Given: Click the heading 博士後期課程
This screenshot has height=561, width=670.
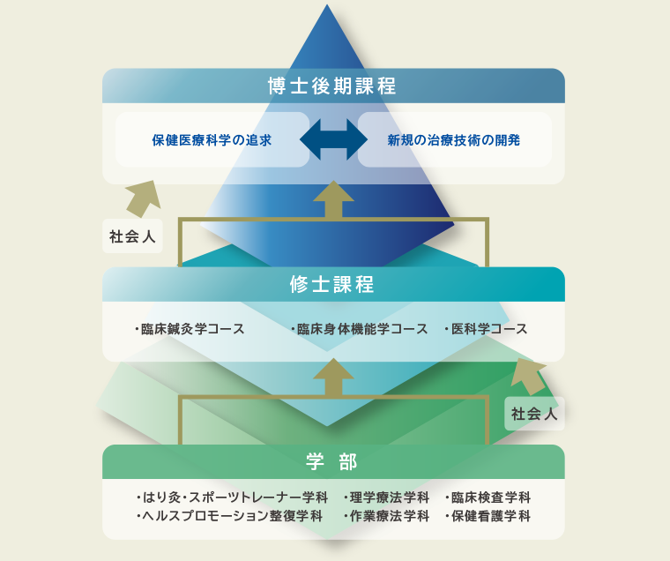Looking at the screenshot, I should click(x=332, y=86).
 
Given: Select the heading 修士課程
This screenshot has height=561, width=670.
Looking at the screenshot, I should click(x=332, y=284).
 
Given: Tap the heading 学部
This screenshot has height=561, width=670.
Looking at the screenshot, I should click(x=332, y=461).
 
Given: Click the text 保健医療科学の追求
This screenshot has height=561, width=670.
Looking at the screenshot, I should click(x=212, y=139).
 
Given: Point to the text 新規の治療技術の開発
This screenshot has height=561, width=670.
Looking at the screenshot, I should click(x=454, y=139).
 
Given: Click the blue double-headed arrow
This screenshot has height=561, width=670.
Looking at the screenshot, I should click(x=333, y=139).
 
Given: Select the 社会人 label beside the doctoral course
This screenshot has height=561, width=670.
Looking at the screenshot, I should click(x=132, y=237).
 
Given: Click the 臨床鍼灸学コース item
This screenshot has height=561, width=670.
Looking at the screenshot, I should click(x=190, y=329).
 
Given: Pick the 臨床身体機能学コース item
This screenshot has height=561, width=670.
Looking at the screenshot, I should click(x=360, y=329).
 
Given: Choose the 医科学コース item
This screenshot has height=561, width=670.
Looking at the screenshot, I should click(x=486, y=329).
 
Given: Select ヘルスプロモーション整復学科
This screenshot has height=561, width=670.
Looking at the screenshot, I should click(x=229, y=516).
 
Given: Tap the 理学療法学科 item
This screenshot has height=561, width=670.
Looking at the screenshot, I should click(x=386, y=497).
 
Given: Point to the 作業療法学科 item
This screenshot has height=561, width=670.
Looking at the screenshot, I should click(x=386, y=516).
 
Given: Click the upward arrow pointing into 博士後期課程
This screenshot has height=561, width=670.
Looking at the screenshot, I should click(x=333, y=199).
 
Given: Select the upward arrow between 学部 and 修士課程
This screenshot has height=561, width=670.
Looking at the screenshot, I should click(x=333, y=378).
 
